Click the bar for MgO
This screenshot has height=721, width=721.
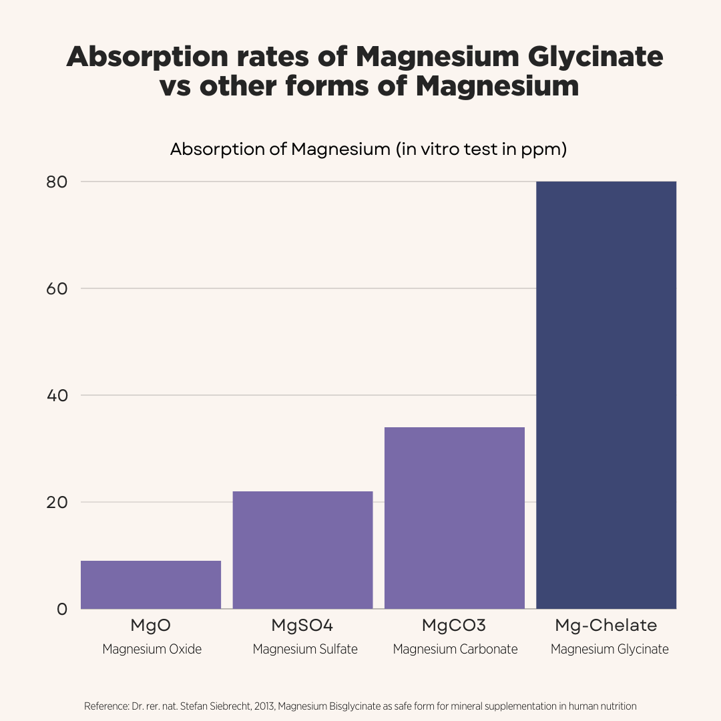click(x=151, y=585)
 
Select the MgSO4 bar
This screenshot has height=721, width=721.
click(x=302, y=550)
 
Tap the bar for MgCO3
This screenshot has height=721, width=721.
click(x=455, y=518)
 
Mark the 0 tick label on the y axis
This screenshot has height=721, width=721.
click(x=62, y=609)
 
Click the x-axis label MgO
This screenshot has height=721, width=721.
click(x=151, y=626)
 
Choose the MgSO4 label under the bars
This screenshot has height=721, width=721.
click(x=302, y=626)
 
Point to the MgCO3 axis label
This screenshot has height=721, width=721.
click(x=454, y=626)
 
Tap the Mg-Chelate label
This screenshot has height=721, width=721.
click(x=606, y=626)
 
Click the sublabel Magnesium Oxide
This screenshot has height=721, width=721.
click(x=152, y=649)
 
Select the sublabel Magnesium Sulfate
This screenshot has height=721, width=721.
click(x=305, y=649)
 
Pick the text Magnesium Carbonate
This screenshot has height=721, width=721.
click(x=455, y=649)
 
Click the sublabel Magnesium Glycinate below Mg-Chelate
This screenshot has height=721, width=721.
click(x=610, y=649)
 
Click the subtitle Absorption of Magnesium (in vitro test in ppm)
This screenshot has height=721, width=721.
click(x=369, y=149)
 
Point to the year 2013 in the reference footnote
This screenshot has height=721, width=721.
click(x=263, y=706)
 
